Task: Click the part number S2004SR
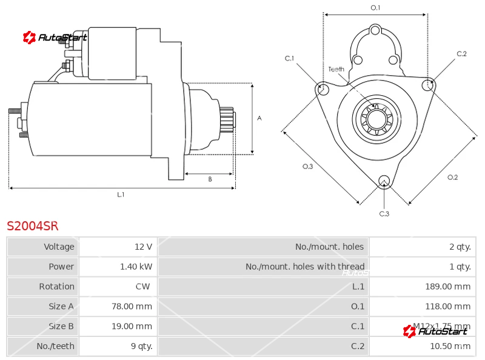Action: coord(33,226)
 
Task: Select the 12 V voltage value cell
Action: coord(143,247)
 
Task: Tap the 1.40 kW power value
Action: coord(136,267)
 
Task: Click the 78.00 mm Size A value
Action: coord(132,307)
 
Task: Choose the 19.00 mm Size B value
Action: coord(132,327)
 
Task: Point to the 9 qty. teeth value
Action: coord(141,347)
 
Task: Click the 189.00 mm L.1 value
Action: coord(447,287)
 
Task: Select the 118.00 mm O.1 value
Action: coord(447,307)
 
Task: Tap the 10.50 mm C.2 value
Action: coord(449,347)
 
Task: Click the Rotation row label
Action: coord(56,287)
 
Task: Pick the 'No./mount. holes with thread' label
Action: coord(305,267)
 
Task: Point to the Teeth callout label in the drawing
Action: coord(336,69)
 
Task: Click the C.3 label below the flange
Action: coord(384,213)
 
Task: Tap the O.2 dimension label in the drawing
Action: coord(452,177)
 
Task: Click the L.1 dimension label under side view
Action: coord(121,195)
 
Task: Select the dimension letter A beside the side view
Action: coord(259,118)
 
